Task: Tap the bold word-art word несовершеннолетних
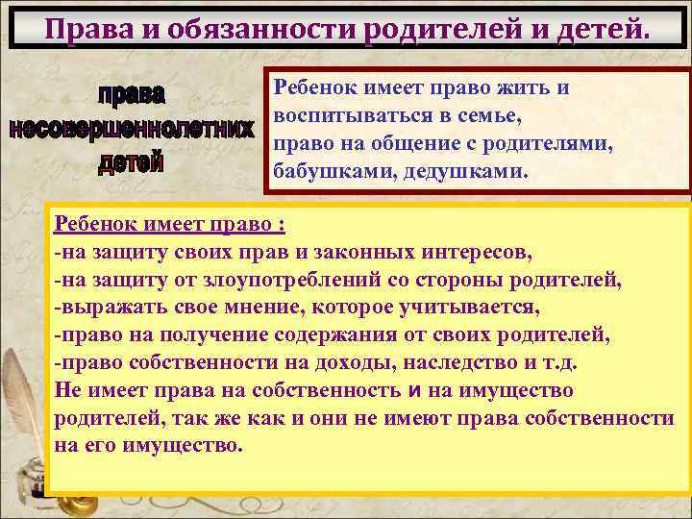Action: (132, 129)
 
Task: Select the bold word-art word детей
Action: (132, 161)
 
